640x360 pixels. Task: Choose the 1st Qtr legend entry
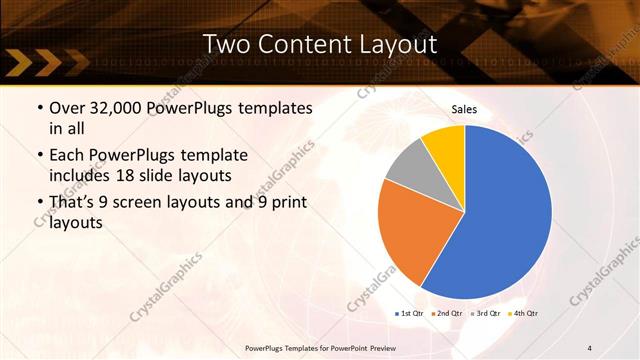(x=411, y=314)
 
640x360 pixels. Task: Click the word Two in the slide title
(x=225, y=44)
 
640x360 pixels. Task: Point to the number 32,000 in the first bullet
(x=111, y=108)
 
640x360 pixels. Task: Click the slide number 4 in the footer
(x=590, y=347)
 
